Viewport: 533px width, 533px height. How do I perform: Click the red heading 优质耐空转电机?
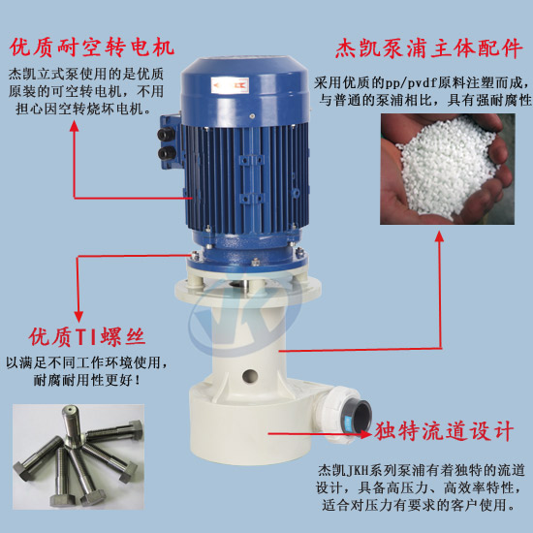[x=92, y=47]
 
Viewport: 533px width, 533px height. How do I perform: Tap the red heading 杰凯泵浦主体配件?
[x=428, y=48]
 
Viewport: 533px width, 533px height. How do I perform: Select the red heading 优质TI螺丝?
[x=87, y=337]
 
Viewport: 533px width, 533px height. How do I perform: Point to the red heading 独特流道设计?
[x=444, y=431]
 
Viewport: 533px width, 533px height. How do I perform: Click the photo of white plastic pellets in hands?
[x=448, y=169]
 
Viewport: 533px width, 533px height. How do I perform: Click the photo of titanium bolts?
[x=78, y=456]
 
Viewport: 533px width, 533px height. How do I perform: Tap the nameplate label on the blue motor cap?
[x=230, y=85]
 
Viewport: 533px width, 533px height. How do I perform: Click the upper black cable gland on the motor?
[x=166, y=134]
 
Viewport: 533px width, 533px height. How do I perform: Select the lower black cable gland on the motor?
[x=167, y=153]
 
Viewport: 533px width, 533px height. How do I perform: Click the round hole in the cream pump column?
[x=250, y=376]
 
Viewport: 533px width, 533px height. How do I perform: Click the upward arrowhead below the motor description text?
[x=74, y=126]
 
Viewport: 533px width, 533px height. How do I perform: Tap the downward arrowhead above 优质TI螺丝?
[x=78, y=317]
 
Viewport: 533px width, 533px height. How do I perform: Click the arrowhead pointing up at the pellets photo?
[x=440, y=236]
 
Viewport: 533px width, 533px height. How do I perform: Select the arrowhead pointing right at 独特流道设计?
[x=365, y=434]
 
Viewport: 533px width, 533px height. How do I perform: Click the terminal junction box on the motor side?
[x=171, y=142]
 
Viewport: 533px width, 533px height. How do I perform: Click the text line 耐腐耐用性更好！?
[x=87, y=380]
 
